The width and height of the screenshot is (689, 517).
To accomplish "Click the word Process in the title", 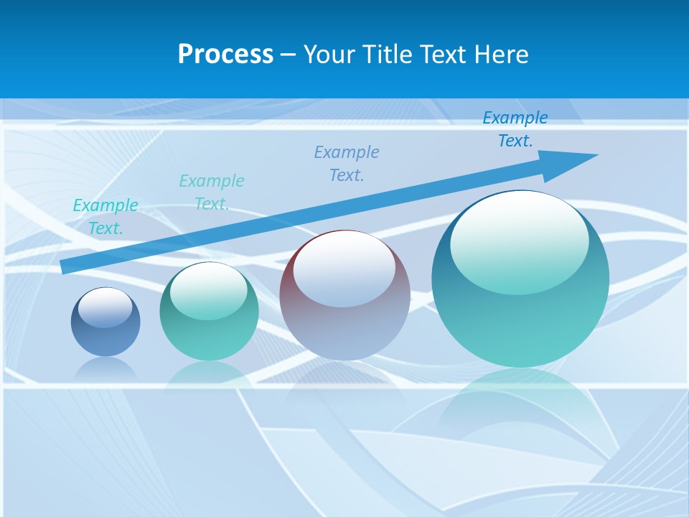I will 225,55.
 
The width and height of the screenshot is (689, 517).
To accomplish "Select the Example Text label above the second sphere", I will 212,192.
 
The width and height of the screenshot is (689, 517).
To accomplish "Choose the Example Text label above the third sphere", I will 347,164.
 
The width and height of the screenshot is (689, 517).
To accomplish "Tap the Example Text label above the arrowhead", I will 515,129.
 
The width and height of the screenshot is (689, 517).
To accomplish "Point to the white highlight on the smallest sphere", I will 106,307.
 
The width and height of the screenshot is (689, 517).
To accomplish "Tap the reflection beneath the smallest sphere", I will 106,368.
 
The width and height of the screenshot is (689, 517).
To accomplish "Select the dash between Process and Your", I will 289,55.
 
